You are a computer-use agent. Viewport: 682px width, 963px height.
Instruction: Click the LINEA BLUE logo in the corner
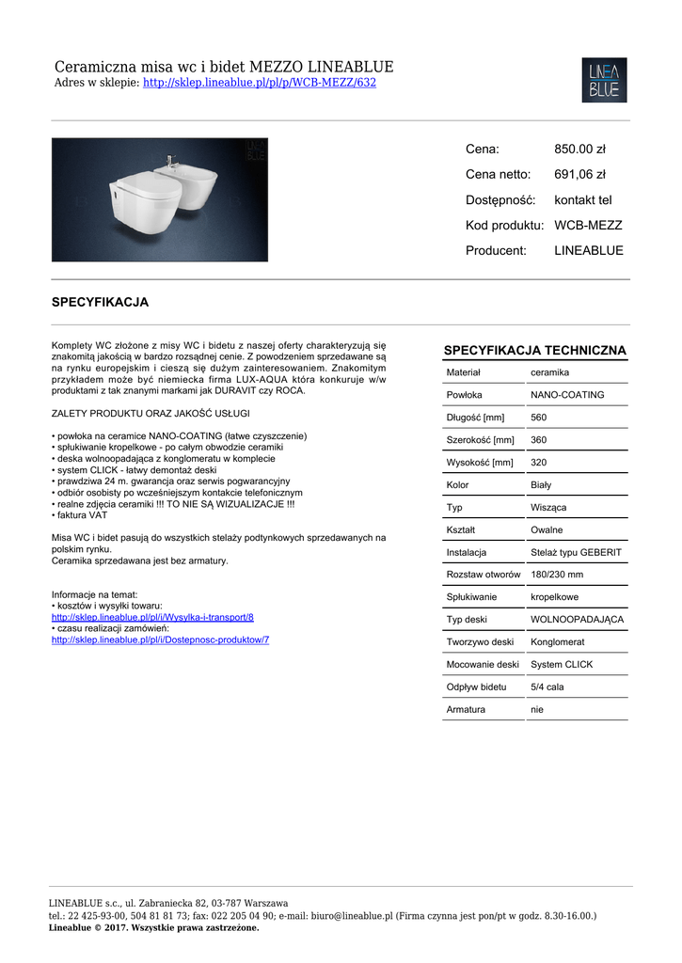coord(604,80)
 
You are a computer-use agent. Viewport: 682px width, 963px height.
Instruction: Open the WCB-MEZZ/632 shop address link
coord(259,83)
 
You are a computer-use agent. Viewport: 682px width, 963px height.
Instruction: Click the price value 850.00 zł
coord(579,149)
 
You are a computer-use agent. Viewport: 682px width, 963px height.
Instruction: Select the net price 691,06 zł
coord(579,174)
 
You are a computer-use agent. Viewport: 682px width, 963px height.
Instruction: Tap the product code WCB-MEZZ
coord(588,226)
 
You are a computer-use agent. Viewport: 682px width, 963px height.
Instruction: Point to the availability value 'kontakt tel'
coord(582,200)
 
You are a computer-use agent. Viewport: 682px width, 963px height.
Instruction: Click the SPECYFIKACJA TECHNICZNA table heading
coord(534,351)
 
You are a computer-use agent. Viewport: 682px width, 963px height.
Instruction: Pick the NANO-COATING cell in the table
coord(567,395)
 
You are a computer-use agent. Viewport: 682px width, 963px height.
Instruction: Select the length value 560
coord(539,418)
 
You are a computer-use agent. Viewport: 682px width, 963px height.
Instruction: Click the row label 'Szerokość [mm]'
coord(480,440)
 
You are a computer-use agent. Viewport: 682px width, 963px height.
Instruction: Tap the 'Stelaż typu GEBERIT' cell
coord(576,552)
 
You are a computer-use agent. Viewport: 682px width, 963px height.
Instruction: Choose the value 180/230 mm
coord(557,575)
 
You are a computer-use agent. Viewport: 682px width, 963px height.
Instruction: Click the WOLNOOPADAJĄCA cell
coord(577,620)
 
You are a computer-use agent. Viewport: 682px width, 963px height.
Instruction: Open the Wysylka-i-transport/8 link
coord(152,617)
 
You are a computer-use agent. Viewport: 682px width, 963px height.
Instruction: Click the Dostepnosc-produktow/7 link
coord(160,639)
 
